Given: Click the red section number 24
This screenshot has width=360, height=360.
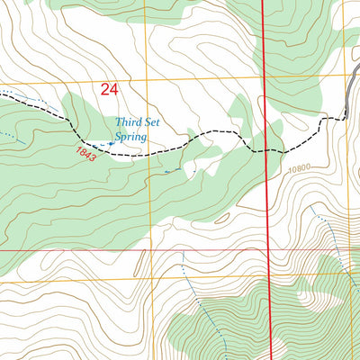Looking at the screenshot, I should tap(109, 89).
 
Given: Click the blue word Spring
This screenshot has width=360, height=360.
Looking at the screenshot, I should tap(131, 139).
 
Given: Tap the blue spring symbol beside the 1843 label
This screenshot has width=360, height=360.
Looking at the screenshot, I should tap(111, 142).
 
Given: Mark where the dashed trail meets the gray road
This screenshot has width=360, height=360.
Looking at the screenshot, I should tap(346, 114).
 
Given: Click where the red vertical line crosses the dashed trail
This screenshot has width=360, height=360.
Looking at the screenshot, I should tap(267, 150).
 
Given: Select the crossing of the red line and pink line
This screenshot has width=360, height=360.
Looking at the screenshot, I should tap(271, 250).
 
